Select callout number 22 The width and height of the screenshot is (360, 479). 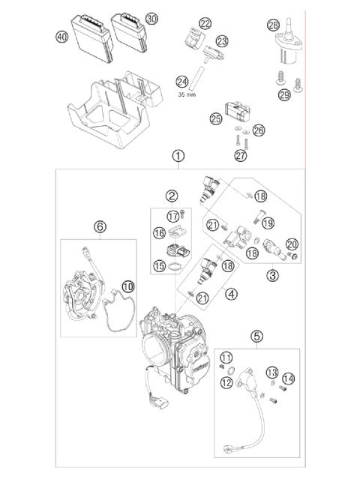coord(205,24)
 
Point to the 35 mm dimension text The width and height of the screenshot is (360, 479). coord(188,95)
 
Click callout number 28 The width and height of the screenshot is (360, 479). coord(273,25)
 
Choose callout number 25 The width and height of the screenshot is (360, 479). coord(216,118)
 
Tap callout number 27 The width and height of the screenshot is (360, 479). coord(239,155)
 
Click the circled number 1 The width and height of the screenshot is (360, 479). coord(178,157)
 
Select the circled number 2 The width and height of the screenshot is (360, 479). coord(172,196)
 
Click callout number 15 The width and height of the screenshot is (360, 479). coord(159,265)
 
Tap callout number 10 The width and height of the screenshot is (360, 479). coord(127,286)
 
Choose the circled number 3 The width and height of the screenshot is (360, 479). coord(272,275)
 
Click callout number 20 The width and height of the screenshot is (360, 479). coord(292,244)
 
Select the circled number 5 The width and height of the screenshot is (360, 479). coord(256,337)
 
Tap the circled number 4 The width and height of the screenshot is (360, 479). coord(231,295)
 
